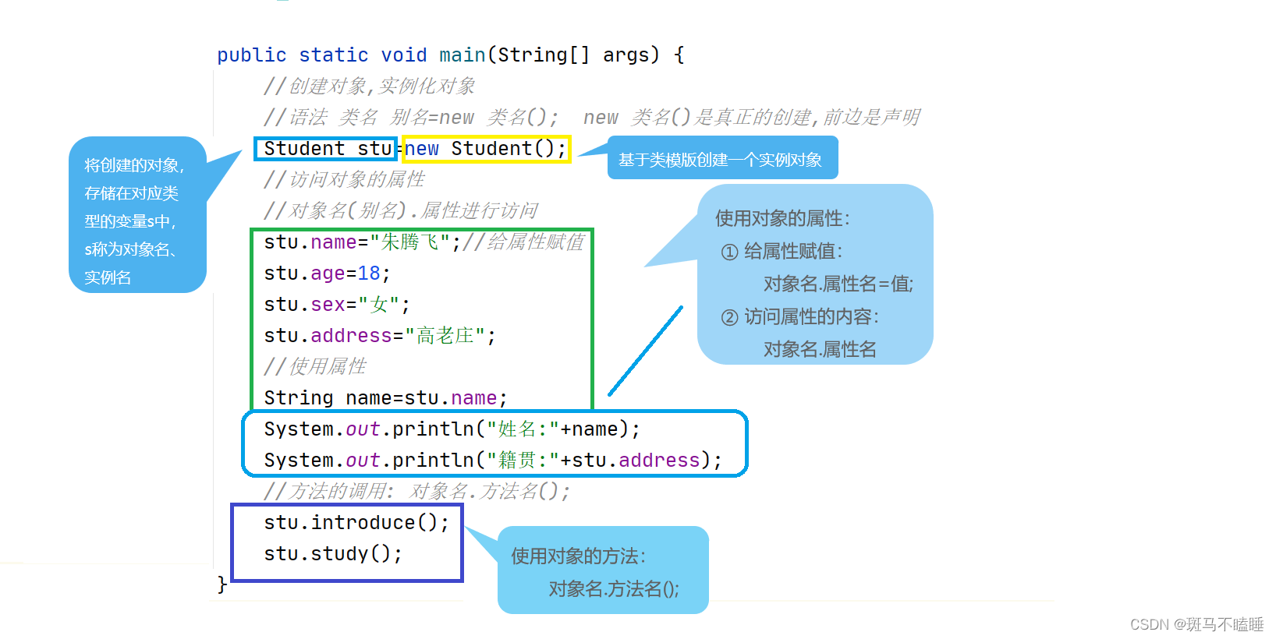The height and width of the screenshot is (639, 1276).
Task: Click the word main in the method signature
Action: click(x=463, y=55)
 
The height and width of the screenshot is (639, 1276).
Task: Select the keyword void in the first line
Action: click(x=404, y=55)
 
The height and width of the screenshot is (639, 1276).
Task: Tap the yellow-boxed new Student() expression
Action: click(x=485, y=149)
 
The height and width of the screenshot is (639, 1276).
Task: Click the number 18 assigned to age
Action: click(x=369, y=274)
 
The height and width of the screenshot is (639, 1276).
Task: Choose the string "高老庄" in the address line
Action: click(x=445, y=336)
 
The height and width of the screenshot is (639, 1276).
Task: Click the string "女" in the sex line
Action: click(x=379, y=305)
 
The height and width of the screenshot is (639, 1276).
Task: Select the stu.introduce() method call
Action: click(x=356, y=523)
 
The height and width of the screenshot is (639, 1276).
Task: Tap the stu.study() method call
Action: click(x=332, y=554)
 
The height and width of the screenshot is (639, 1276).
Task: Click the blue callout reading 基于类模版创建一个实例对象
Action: click(x=721, y=160)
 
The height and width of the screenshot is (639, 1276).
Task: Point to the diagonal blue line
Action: click(x=645, y=351)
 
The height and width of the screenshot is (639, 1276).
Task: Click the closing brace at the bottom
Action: click(x=222, y=584)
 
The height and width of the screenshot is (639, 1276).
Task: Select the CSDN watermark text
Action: click(x=1196, y=624)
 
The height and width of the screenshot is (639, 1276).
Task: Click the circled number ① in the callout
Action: click(x=729, y=252)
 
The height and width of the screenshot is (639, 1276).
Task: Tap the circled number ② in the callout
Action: click(x=729, y=317)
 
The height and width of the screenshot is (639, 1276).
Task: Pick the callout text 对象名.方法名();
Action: click(x=614, y=589)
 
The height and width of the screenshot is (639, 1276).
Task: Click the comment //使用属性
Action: click(x=315, y=367)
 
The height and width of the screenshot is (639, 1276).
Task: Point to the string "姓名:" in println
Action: click(x=523, y=429)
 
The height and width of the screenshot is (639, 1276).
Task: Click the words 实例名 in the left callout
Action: click(x=108, y=277)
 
